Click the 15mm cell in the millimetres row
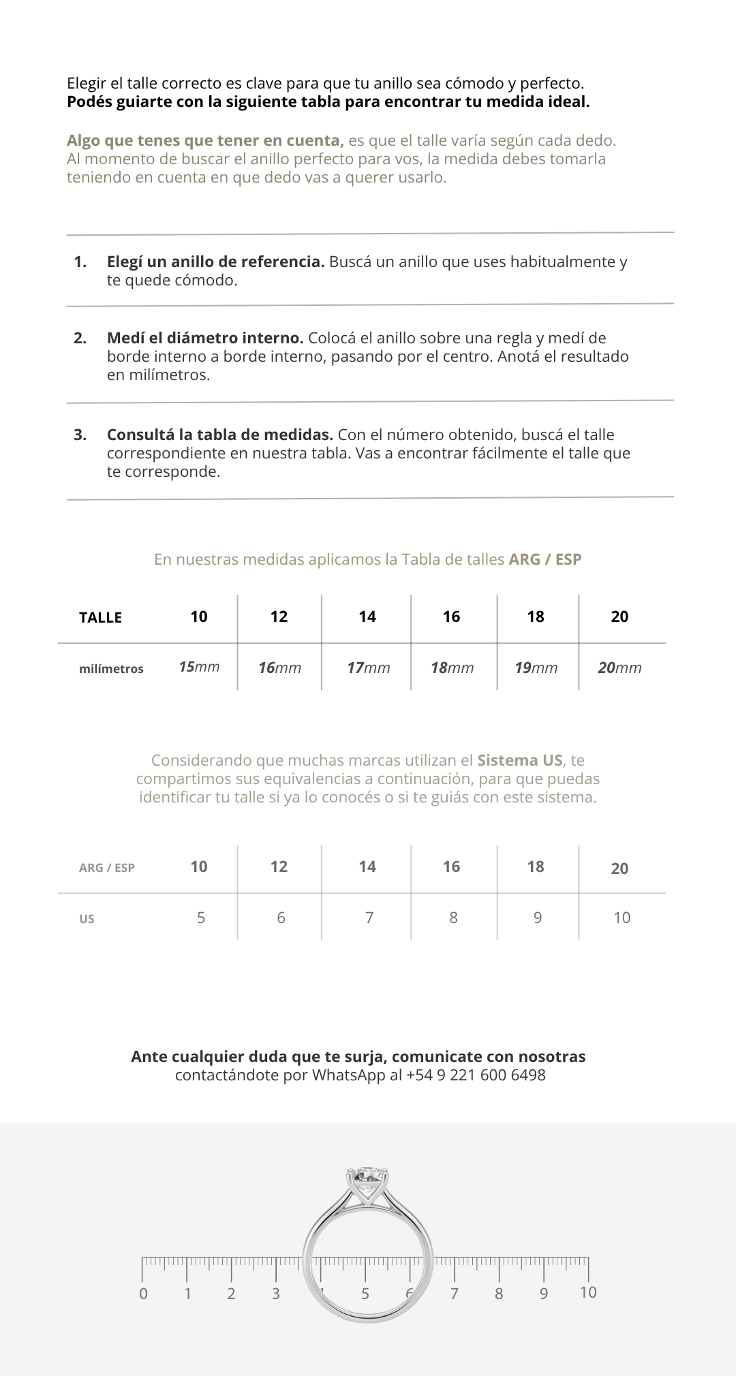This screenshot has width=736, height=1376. pos(199,667)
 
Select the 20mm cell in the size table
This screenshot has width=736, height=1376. pos(619,668)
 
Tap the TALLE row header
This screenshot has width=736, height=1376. pos(100,617)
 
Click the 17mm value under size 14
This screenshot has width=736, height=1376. pos(368,668)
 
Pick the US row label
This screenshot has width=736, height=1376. pos(87,918)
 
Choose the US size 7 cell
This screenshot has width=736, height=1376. pos(369,918)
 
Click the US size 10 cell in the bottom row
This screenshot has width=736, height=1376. pos(622,918)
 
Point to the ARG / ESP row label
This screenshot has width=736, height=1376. pos(107,867)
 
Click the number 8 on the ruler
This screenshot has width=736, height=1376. pos(499,1294)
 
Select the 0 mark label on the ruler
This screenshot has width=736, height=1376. pos(143,1294)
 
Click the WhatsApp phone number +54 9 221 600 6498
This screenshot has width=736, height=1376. pos(476,1075)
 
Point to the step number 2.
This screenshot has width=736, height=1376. pos(80,338)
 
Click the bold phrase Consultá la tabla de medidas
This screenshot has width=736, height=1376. pos(219,435)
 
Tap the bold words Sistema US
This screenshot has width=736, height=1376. pos(519,760)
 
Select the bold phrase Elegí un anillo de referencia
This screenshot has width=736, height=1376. pos(215,262)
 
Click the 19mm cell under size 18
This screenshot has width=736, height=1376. pos(536,668)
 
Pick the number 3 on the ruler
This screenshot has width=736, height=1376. pos(276,1294)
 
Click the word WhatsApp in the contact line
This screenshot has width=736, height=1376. pos(348,1075)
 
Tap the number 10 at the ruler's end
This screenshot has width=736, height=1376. pos(588,1292)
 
